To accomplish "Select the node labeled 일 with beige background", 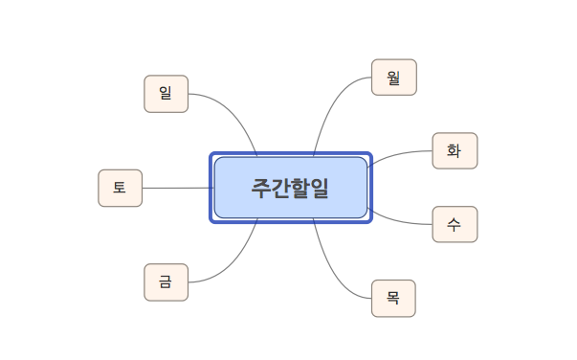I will tap(166, 94).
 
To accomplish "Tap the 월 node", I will tap(393, 78).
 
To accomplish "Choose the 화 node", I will tap(454, 150).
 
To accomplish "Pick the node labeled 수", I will tap(454, 224).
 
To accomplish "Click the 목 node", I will tap(393, 298).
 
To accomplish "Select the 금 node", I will tap(166, 281).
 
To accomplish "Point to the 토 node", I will tap(120, 188).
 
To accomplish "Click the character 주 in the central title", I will tap(261, 188).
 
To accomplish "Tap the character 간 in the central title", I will tap(280, 188).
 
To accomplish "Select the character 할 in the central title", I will tap(300, 188).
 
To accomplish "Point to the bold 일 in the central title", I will tap(320, 188).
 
